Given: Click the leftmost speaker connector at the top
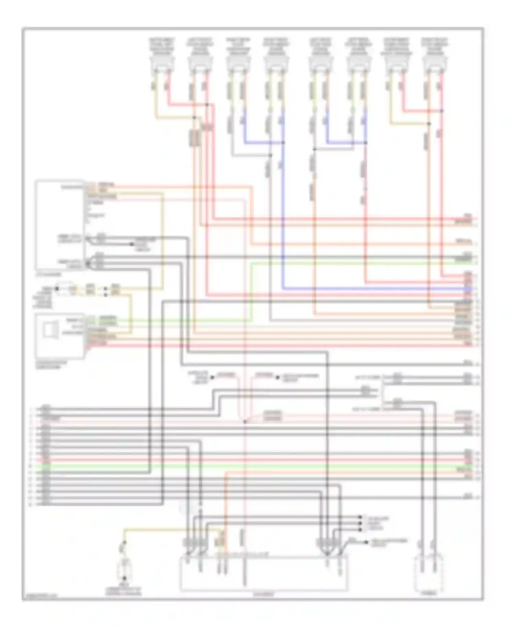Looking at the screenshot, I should pyautogui.click(x=162, y=64).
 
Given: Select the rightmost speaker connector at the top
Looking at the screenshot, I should pyautogui.click(x=435, y=64).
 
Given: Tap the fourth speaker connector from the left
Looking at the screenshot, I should pyautogui.click(x=276, y=64).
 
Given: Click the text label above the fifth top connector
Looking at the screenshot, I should pyautogui.click(x=320, y=47).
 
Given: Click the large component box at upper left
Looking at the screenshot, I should pyautogui.click(x=60, y=225).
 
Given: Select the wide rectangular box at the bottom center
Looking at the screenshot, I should pyautogui.click(x=264, y=573).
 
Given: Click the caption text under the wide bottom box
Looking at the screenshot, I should pyautogui.click(x=264, y=594).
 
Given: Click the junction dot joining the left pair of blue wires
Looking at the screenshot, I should pyautogui.click(x=283, y=142).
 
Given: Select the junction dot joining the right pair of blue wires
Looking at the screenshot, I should pyautogui.click(x=365, y=142).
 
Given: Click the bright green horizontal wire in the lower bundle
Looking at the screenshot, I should pyautogui.click(x=240, y=467).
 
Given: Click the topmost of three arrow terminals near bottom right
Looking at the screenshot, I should pyautogui.click(x=360, y=516).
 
